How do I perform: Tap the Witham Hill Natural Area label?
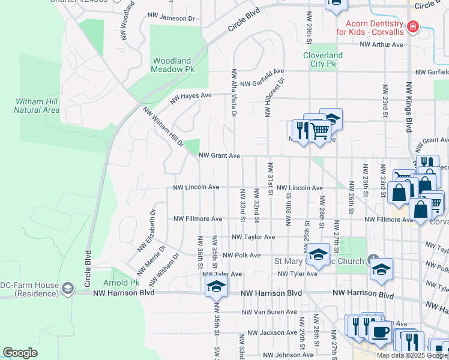[x=37, y=106]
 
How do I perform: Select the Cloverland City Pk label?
[x=322, y=59]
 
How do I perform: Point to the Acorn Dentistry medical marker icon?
[x=412, y=27]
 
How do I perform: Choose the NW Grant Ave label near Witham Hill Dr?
[x=220, y=155]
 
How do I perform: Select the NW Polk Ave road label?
[x=241, y=255]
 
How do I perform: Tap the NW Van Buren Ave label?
[x=269, y=312]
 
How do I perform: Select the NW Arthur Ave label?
[x=382, y=44]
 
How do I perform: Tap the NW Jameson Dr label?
[x=173, y=19]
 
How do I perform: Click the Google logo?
[x=20, y=353]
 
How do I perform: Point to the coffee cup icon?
[x=379, y=332]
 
